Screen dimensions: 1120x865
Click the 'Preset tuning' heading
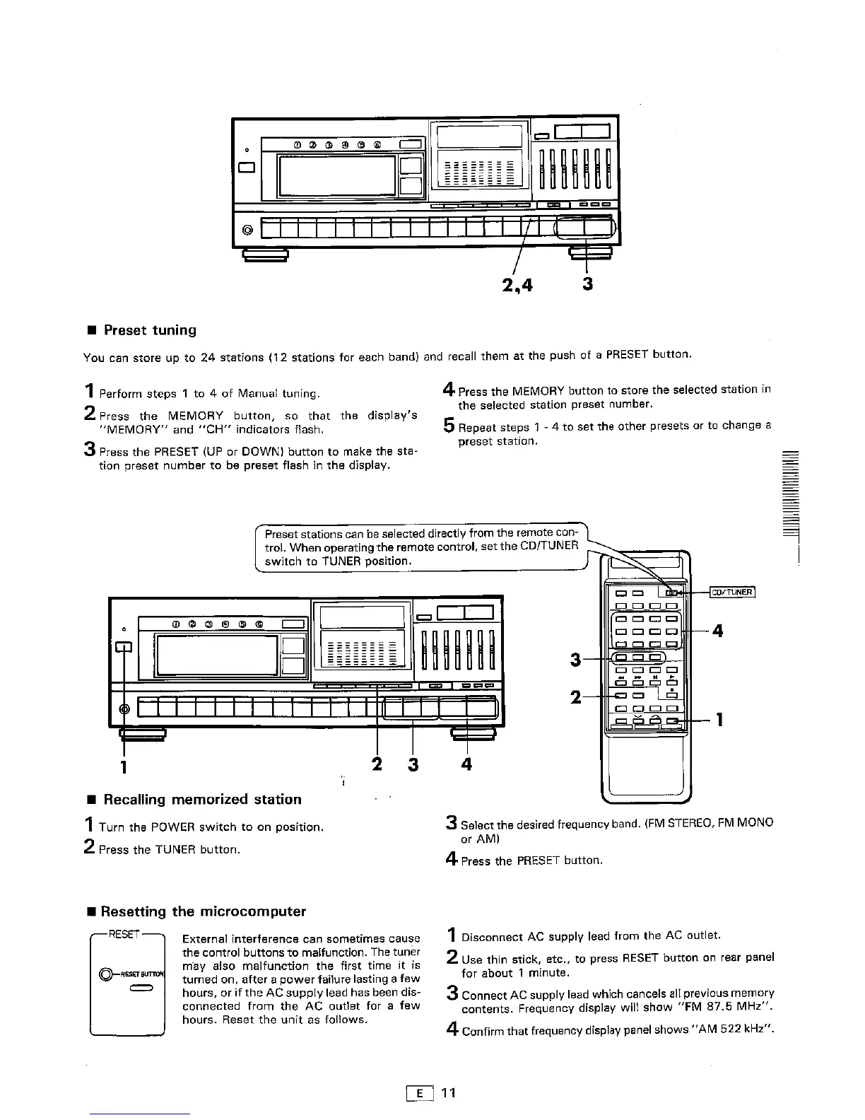click(150, 330)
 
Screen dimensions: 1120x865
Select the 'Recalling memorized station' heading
click(202, 799)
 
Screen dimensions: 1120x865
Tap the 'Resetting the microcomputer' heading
click(204, 911)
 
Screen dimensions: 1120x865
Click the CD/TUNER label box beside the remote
click(731, 592)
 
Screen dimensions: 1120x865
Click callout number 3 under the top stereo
click(587, 284)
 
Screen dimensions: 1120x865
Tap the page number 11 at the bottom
click(449, 1093)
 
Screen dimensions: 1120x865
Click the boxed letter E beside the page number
click(420, 1093)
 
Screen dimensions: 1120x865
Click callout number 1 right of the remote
click(719, 721)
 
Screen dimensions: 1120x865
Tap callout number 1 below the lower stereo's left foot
click(124, 766)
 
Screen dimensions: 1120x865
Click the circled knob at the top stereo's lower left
click(247, 231)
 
